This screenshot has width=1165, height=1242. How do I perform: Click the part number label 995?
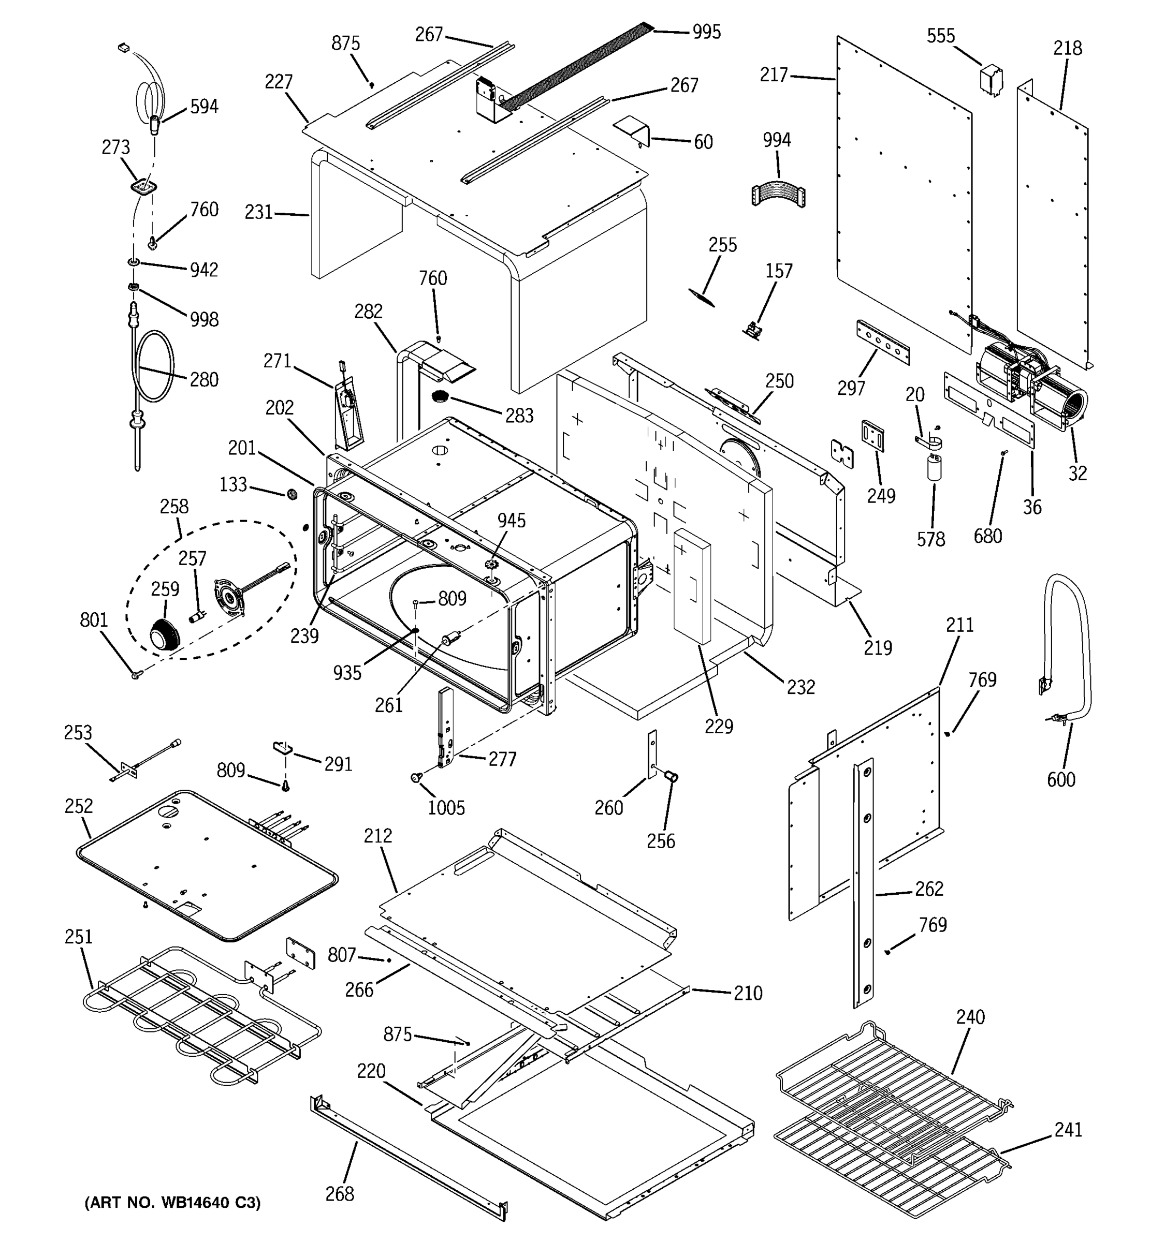(706, 32)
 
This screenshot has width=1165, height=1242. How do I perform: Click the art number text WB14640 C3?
(172, 1202)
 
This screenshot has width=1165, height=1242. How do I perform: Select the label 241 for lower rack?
(1068, 1130)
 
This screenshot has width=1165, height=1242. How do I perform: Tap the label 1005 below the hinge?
(446, 808)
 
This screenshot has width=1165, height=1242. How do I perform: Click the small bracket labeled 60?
(634, 131)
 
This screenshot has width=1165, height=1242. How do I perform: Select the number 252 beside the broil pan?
(78, 806)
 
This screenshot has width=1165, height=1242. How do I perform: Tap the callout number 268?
(339, 1194)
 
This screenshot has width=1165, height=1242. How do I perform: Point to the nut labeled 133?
(290, 494)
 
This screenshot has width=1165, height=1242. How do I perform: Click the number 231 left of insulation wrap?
(258, 212)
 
